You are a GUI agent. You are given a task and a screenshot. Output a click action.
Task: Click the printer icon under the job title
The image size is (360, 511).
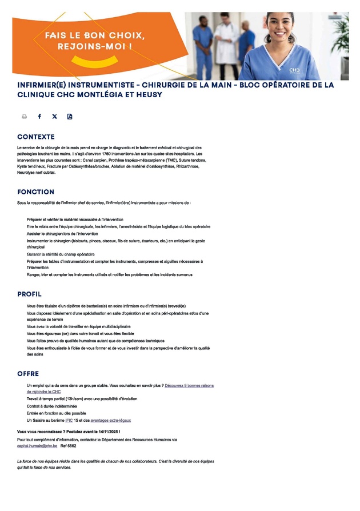click(25, 117)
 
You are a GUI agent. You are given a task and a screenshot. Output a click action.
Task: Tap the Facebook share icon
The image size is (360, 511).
click(39, 117)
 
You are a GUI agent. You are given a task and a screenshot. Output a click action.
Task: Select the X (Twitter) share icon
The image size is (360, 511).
click(55, 117)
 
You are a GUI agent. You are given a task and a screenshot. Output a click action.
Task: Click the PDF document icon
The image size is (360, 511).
click(70, 117)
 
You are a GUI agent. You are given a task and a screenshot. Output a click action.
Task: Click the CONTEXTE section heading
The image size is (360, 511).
click(36, 137)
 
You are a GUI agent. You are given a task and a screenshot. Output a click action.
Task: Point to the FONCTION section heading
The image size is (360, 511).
click(35, 192)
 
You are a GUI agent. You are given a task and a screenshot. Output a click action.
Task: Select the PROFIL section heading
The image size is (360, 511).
click(29, 294)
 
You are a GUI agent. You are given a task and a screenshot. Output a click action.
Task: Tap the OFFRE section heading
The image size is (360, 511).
click(28, 374)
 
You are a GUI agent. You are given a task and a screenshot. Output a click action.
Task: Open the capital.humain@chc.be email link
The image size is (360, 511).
click(37, 446)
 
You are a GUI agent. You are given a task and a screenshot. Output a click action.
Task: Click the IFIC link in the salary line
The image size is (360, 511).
click(69, 420)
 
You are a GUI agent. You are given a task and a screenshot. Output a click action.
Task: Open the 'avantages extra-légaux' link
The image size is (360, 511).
click(110, 420)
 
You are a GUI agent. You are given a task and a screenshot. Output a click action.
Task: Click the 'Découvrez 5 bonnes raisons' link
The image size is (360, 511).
click(189, 386)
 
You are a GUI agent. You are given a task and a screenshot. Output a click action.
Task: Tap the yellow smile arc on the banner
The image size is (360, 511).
click(95, 59)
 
